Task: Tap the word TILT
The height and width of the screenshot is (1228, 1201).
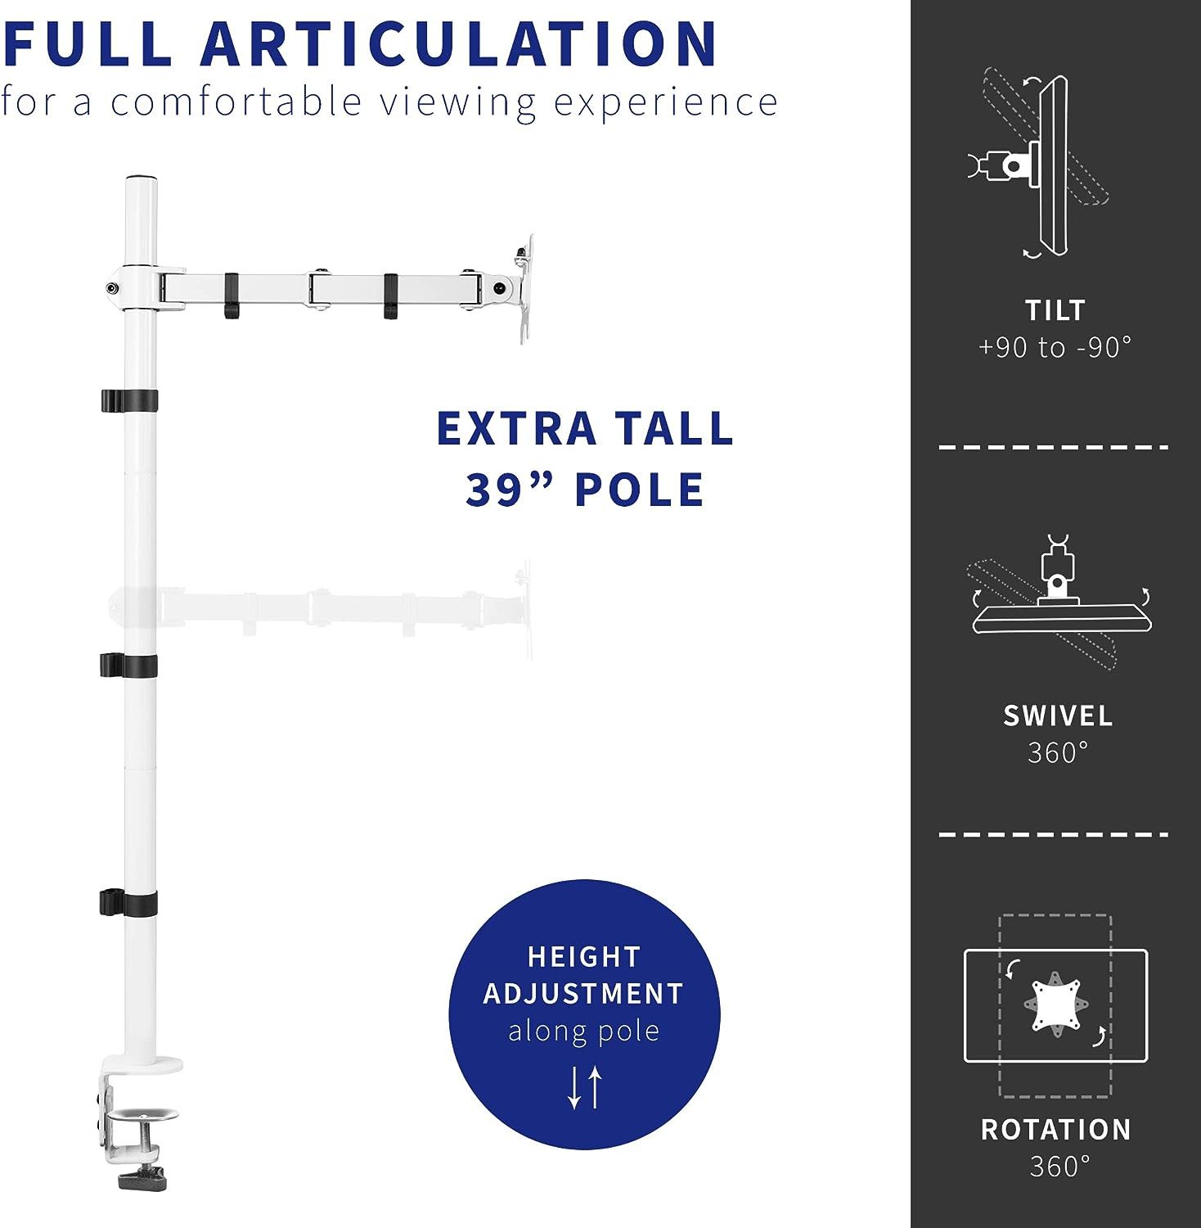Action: coord(1055,310)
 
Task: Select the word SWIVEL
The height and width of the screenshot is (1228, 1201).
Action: coord(1058,716)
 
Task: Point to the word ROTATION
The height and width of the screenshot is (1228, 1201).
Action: coord(1056,1130)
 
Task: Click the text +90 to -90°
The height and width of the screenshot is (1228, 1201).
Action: coord(1055,347)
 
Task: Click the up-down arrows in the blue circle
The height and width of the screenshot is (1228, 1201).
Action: coord(584,1087)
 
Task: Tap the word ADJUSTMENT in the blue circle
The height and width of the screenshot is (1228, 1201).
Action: coord(583,993)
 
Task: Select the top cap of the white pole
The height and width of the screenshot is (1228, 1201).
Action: coord(141,178)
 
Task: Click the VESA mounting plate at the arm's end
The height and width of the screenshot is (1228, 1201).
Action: coord(523,289)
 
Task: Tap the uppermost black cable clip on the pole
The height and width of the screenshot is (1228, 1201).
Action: coord(128,400)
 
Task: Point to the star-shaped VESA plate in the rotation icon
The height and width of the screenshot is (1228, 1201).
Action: coord(1055,1005)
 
